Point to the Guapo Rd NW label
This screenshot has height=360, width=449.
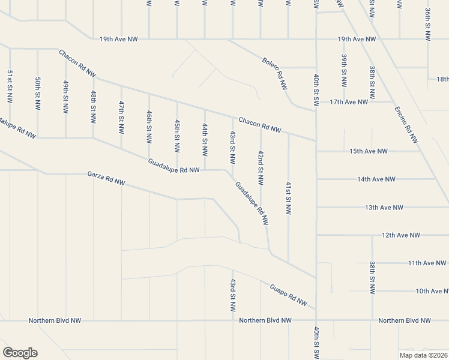289,293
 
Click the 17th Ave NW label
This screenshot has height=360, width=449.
349,102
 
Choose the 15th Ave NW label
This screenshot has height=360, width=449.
369,151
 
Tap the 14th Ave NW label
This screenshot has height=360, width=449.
376,179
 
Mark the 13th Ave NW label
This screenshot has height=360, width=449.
384,208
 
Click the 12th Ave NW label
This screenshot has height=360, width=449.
400,235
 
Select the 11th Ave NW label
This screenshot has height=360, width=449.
427,263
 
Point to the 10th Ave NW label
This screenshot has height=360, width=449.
432,291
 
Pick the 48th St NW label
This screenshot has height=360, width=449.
94,106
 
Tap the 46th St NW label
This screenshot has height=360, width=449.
149,127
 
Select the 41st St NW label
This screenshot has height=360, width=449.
289,199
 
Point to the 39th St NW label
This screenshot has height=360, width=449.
344,72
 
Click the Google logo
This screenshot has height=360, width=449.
20,353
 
